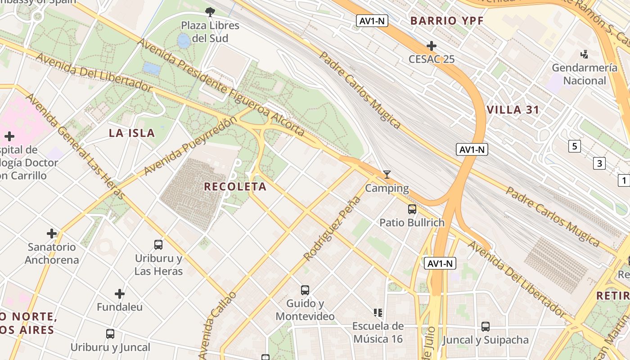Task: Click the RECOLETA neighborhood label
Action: (235, 186)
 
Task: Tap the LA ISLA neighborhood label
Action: (132, 133)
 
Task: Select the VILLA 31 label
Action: (513, 110)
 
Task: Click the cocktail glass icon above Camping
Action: (387, 175)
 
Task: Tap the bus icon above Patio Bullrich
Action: (412, 209)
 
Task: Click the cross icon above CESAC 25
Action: (432, 46)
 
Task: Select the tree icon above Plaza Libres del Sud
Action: (210, 12)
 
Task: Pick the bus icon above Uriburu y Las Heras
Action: (158, 245)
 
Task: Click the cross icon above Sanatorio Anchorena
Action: (52, 233)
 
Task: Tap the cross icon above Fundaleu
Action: (119, 294)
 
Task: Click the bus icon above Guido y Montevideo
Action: (305, 290)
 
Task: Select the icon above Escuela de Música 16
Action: (378, 312)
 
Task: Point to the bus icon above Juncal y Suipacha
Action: (485, 327)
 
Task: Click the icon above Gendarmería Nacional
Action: (584, 54)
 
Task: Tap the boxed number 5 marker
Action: (574, 146)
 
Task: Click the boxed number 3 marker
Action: (599, 163)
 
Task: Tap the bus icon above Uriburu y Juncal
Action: (110, 334)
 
